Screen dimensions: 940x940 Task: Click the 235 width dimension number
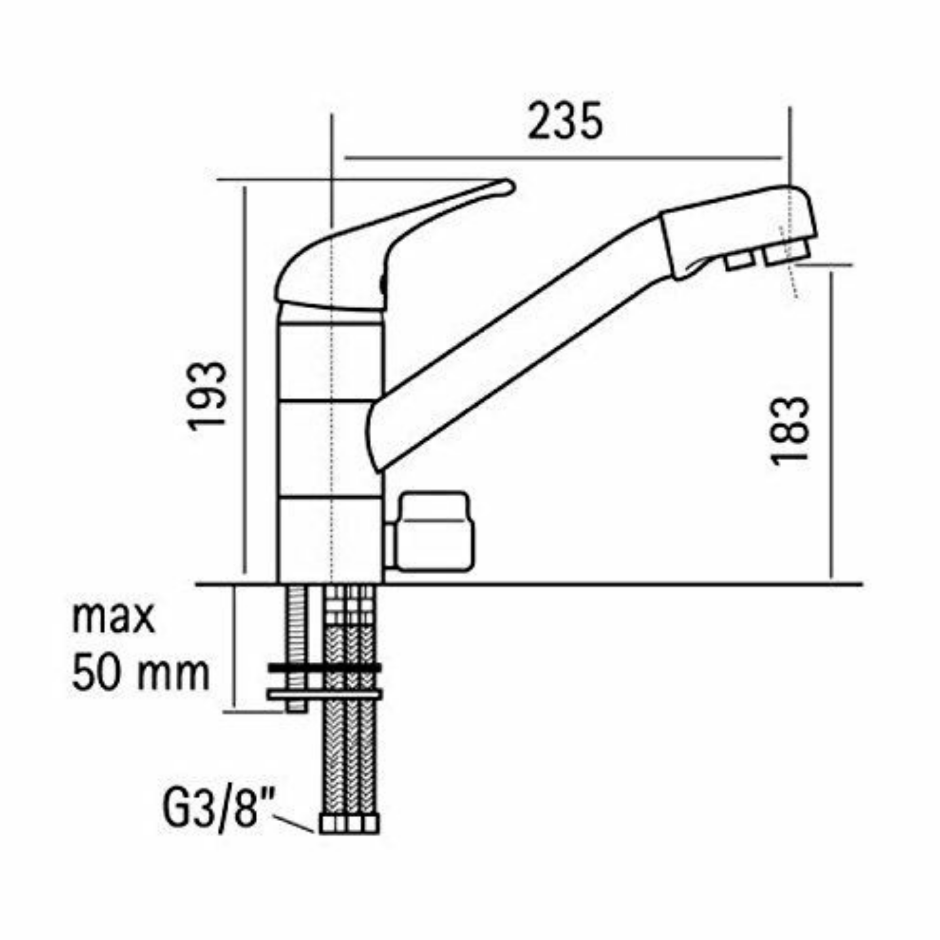565,121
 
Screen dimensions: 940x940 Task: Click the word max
113,618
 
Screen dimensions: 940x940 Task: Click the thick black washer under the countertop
324,668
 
